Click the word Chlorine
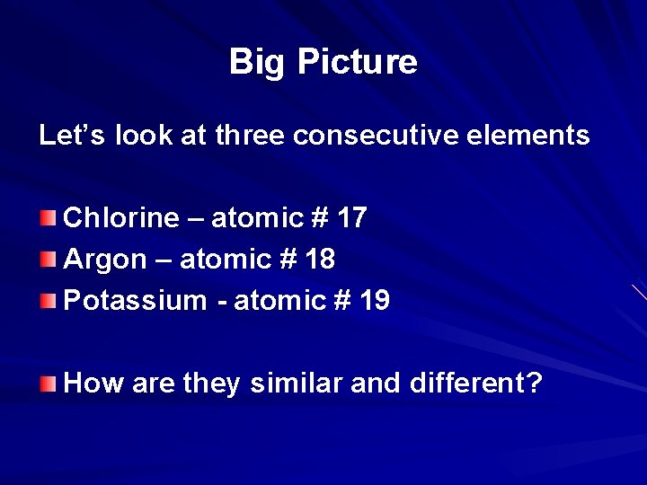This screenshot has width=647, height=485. point(121,217)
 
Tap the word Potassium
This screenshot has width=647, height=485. point(135,301)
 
